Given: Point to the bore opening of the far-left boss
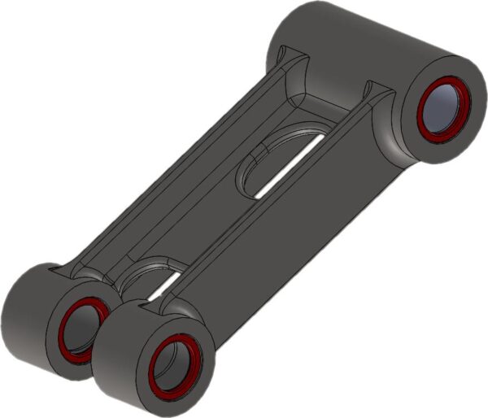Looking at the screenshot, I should pyautogui.click(x=82, y=329).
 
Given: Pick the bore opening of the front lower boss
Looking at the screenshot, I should pyautogui.click(x=174, y=365).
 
